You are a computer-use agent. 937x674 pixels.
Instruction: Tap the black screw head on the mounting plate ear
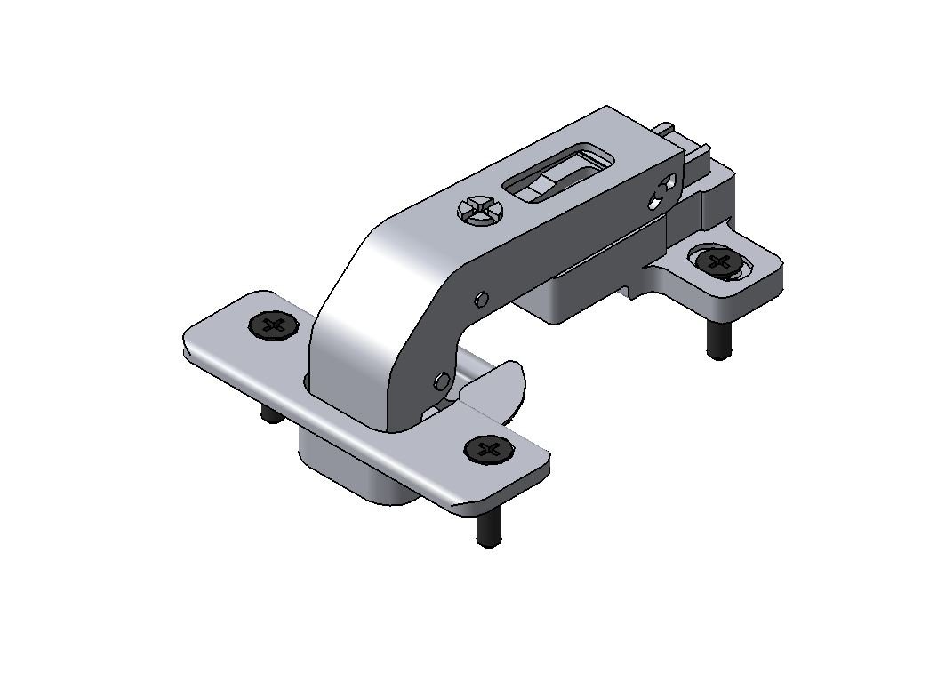[x=718, y=262]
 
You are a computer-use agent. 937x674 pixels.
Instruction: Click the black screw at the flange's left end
[x=274, y=325]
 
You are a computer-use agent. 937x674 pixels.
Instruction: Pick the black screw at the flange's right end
[x=489, y=450]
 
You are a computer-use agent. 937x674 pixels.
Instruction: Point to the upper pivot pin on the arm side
[x=481, y=298]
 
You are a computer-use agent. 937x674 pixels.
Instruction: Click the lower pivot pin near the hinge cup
[x=441, y=382]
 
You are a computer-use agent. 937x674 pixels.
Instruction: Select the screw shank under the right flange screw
[x=486, y=526]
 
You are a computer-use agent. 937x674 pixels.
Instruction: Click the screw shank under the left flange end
[x=268, y=415]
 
